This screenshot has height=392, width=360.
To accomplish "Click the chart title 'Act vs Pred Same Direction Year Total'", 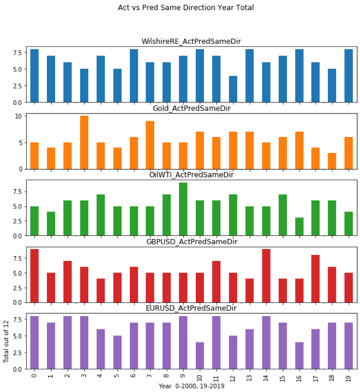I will coord(185,8).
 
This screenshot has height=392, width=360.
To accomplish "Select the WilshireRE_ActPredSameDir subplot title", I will coord(191,41).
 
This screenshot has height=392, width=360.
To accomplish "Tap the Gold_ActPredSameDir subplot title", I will coord(191,108).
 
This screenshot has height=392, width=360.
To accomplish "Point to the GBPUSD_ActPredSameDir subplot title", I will coord(191,241).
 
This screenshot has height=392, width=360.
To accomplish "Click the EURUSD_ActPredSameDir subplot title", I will coord(191,308).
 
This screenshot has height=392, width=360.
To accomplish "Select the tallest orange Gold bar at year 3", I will coord(84,142).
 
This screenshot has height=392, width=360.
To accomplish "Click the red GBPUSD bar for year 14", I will coord(266,276).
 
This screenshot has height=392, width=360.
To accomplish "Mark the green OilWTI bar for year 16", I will coord(299,227).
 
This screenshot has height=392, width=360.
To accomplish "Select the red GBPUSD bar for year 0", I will coord(34,276).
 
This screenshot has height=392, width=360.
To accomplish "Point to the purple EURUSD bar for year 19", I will coord(349,346).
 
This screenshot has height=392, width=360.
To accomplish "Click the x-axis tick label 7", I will coord(151,376).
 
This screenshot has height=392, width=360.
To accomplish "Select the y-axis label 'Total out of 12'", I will coord(7,341).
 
